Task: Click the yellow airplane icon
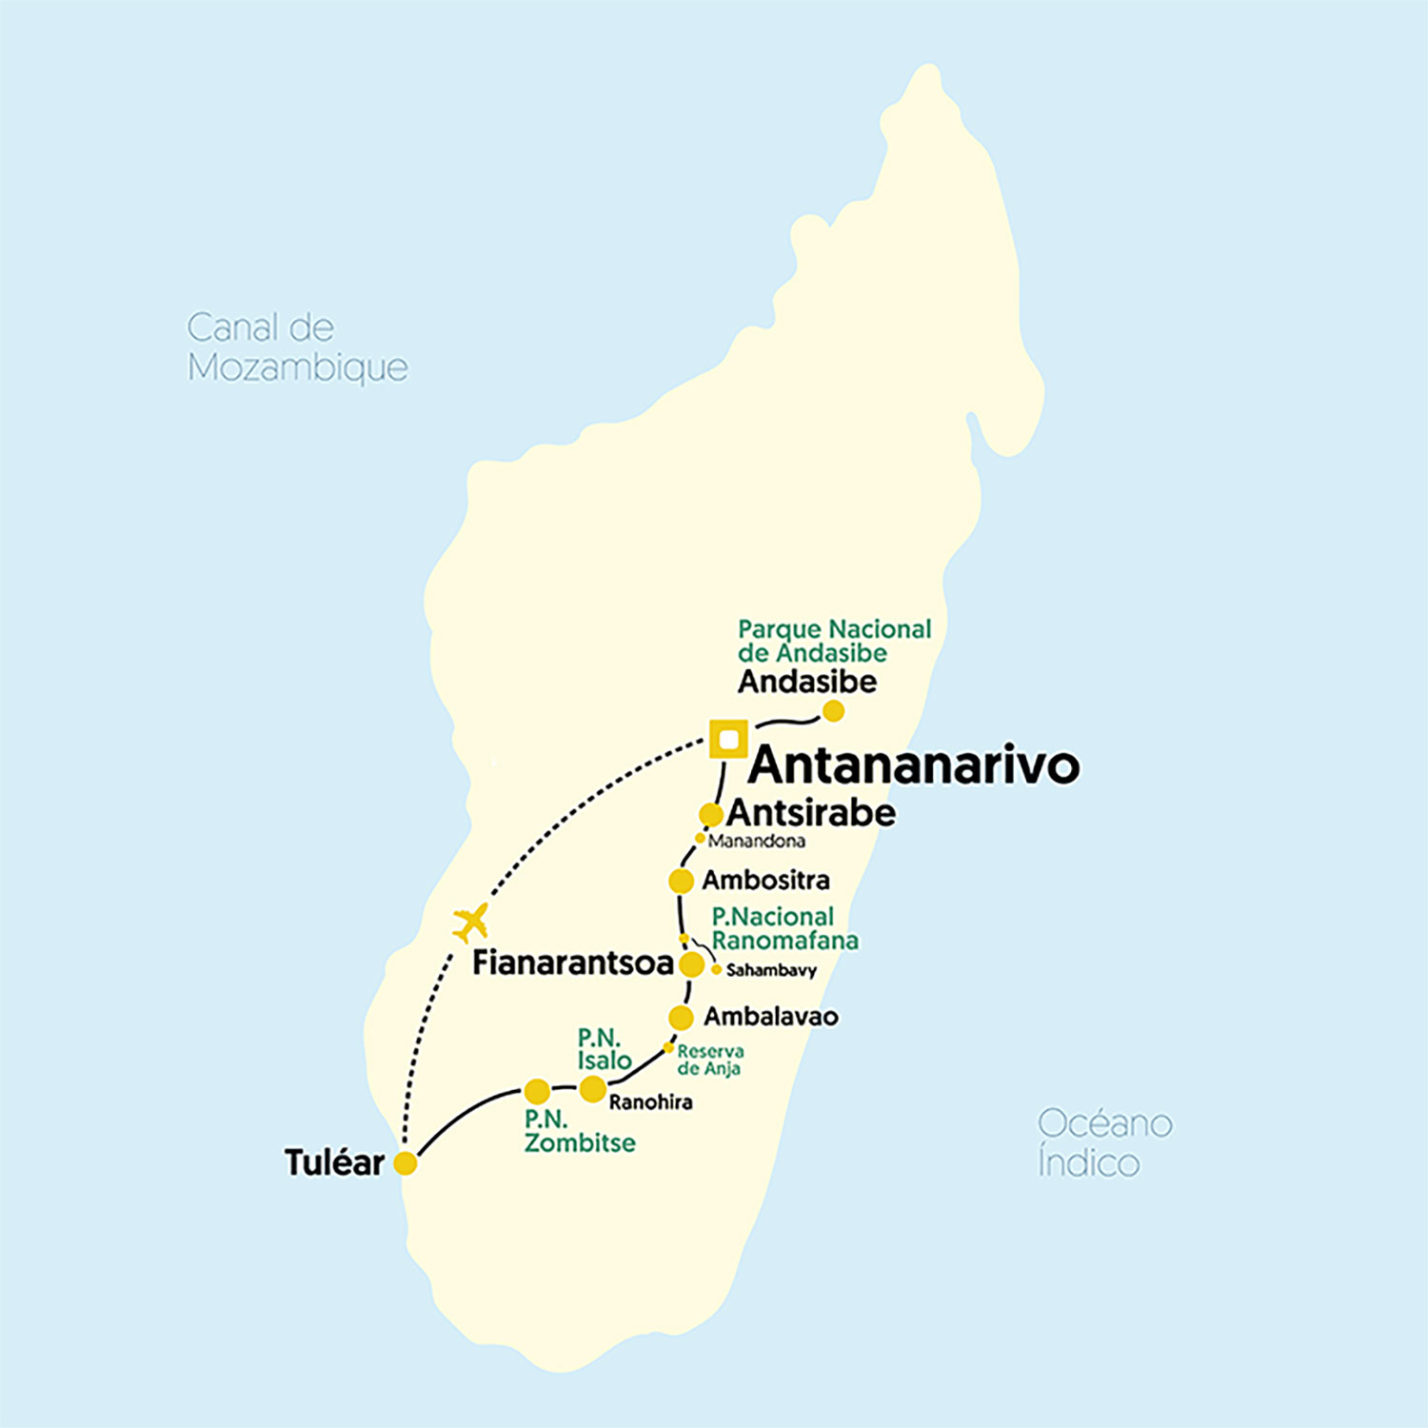[x=471, y=922]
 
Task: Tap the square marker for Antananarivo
[x=729, y=740]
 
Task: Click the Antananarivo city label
[x=914, y=766]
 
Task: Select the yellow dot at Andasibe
[x=833, y=711]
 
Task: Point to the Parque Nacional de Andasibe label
[x=834, y=641]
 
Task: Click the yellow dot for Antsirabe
[x=710, y=815]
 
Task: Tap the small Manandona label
[x=757, y=842]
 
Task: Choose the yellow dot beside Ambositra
[x=681, y=882]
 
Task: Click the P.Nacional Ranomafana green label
[x=784, y=928]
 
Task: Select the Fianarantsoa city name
[x=573, y=963]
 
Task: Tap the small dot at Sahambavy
[x=716, y=970]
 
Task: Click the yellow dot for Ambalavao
[x=681, y=1018]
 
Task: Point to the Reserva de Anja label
[x=710, y=1060]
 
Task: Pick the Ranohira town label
[x=650, y=1102]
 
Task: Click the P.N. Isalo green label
[x=604, y=1049]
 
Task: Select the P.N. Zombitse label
[x=579, y=1131]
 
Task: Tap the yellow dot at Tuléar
[x=406, y=1163]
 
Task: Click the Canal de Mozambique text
[x=297, y=347]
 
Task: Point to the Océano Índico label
[x=1104, y=1142]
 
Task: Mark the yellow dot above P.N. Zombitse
[x=537, y=1091]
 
